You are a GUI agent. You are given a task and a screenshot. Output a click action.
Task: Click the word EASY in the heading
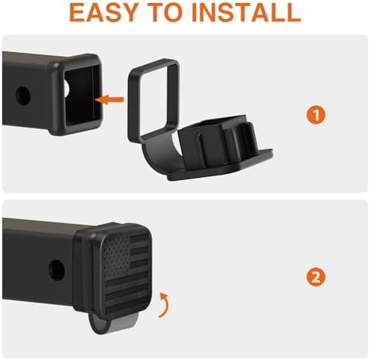point(103,13)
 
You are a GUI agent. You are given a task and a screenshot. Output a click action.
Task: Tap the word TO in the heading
point(165,13)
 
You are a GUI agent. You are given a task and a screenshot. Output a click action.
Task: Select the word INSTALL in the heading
point(247,13)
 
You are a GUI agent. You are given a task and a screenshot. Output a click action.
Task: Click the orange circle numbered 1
point(316,115)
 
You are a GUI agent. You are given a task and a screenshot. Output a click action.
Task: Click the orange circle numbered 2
point(316,277)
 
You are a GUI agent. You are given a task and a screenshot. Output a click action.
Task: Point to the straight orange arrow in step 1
point(110,99)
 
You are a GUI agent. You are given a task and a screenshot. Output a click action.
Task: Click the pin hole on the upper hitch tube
point(23,96)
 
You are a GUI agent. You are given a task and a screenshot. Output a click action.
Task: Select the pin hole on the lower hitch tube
point(57,270)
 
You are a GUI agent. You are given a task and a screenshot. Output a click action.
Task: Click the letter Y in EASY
point(126,13)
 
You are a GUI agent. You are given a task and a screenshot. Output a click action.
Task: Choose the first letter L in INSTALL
point(276,13)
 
